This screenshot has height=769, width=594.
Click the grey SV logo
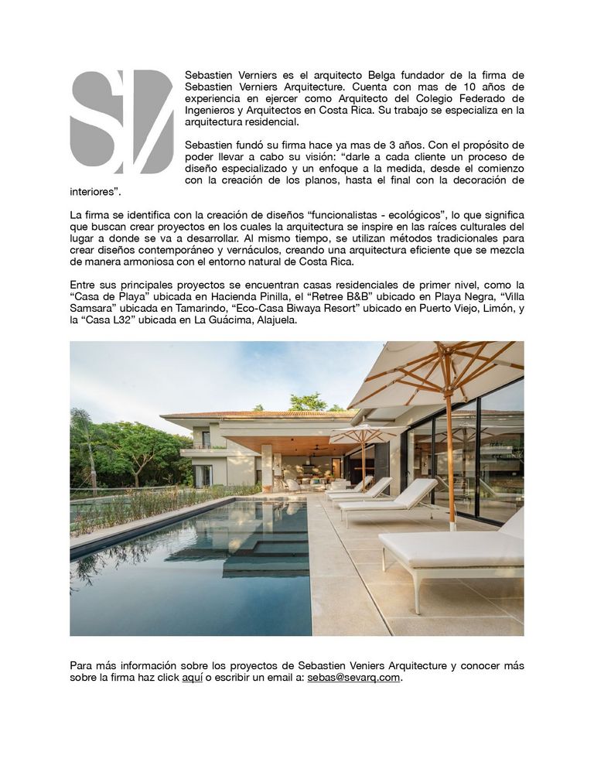click(121, 121)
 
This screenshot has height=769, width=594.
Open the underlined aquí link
click(192, 677)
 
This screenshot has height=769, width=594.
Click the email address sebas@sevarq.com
click(353, 677)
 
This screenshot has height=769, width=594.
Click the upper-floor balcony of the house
click(198, 446)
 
